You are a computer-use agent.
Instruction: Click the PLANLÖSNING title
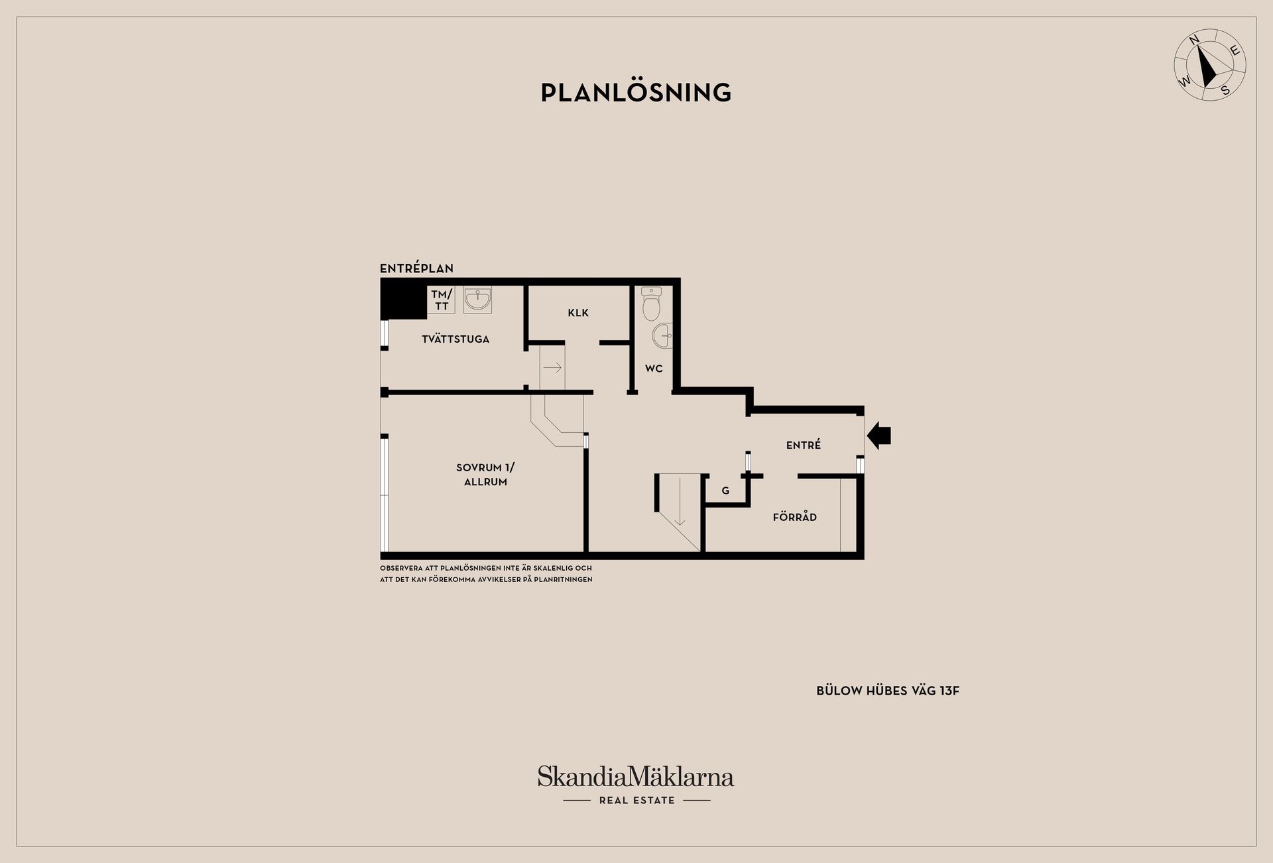636,93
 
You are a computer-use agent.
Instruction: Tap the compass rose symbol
1210,65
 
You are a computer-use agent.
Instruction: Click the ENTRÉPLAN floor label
416,268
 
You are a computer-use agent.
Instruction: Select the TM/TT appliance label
442,300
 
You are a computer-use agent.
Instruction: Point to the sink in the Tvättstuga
477,300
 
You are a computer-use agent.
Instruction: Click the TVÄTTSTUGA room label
455,339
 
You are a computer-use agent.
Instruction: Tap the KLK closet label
578,313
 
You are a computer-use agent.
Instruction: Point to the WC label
654,369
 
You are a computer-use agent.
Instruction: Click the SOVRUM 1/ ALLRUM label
485,475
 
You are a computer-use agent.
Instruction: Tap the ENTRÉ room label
804,445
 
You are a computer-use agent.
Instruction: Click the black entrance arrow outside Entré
879,435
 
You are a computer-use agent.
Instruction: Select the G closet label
725,491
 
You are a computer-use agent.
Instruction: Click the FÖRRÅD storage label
795,517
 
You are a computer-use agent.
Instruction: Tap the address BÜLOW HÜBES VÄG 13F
888,691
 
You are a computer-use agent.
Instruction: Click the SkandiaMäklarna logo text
636,776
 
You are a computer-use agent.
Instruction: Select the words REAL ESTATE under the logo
636,801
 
